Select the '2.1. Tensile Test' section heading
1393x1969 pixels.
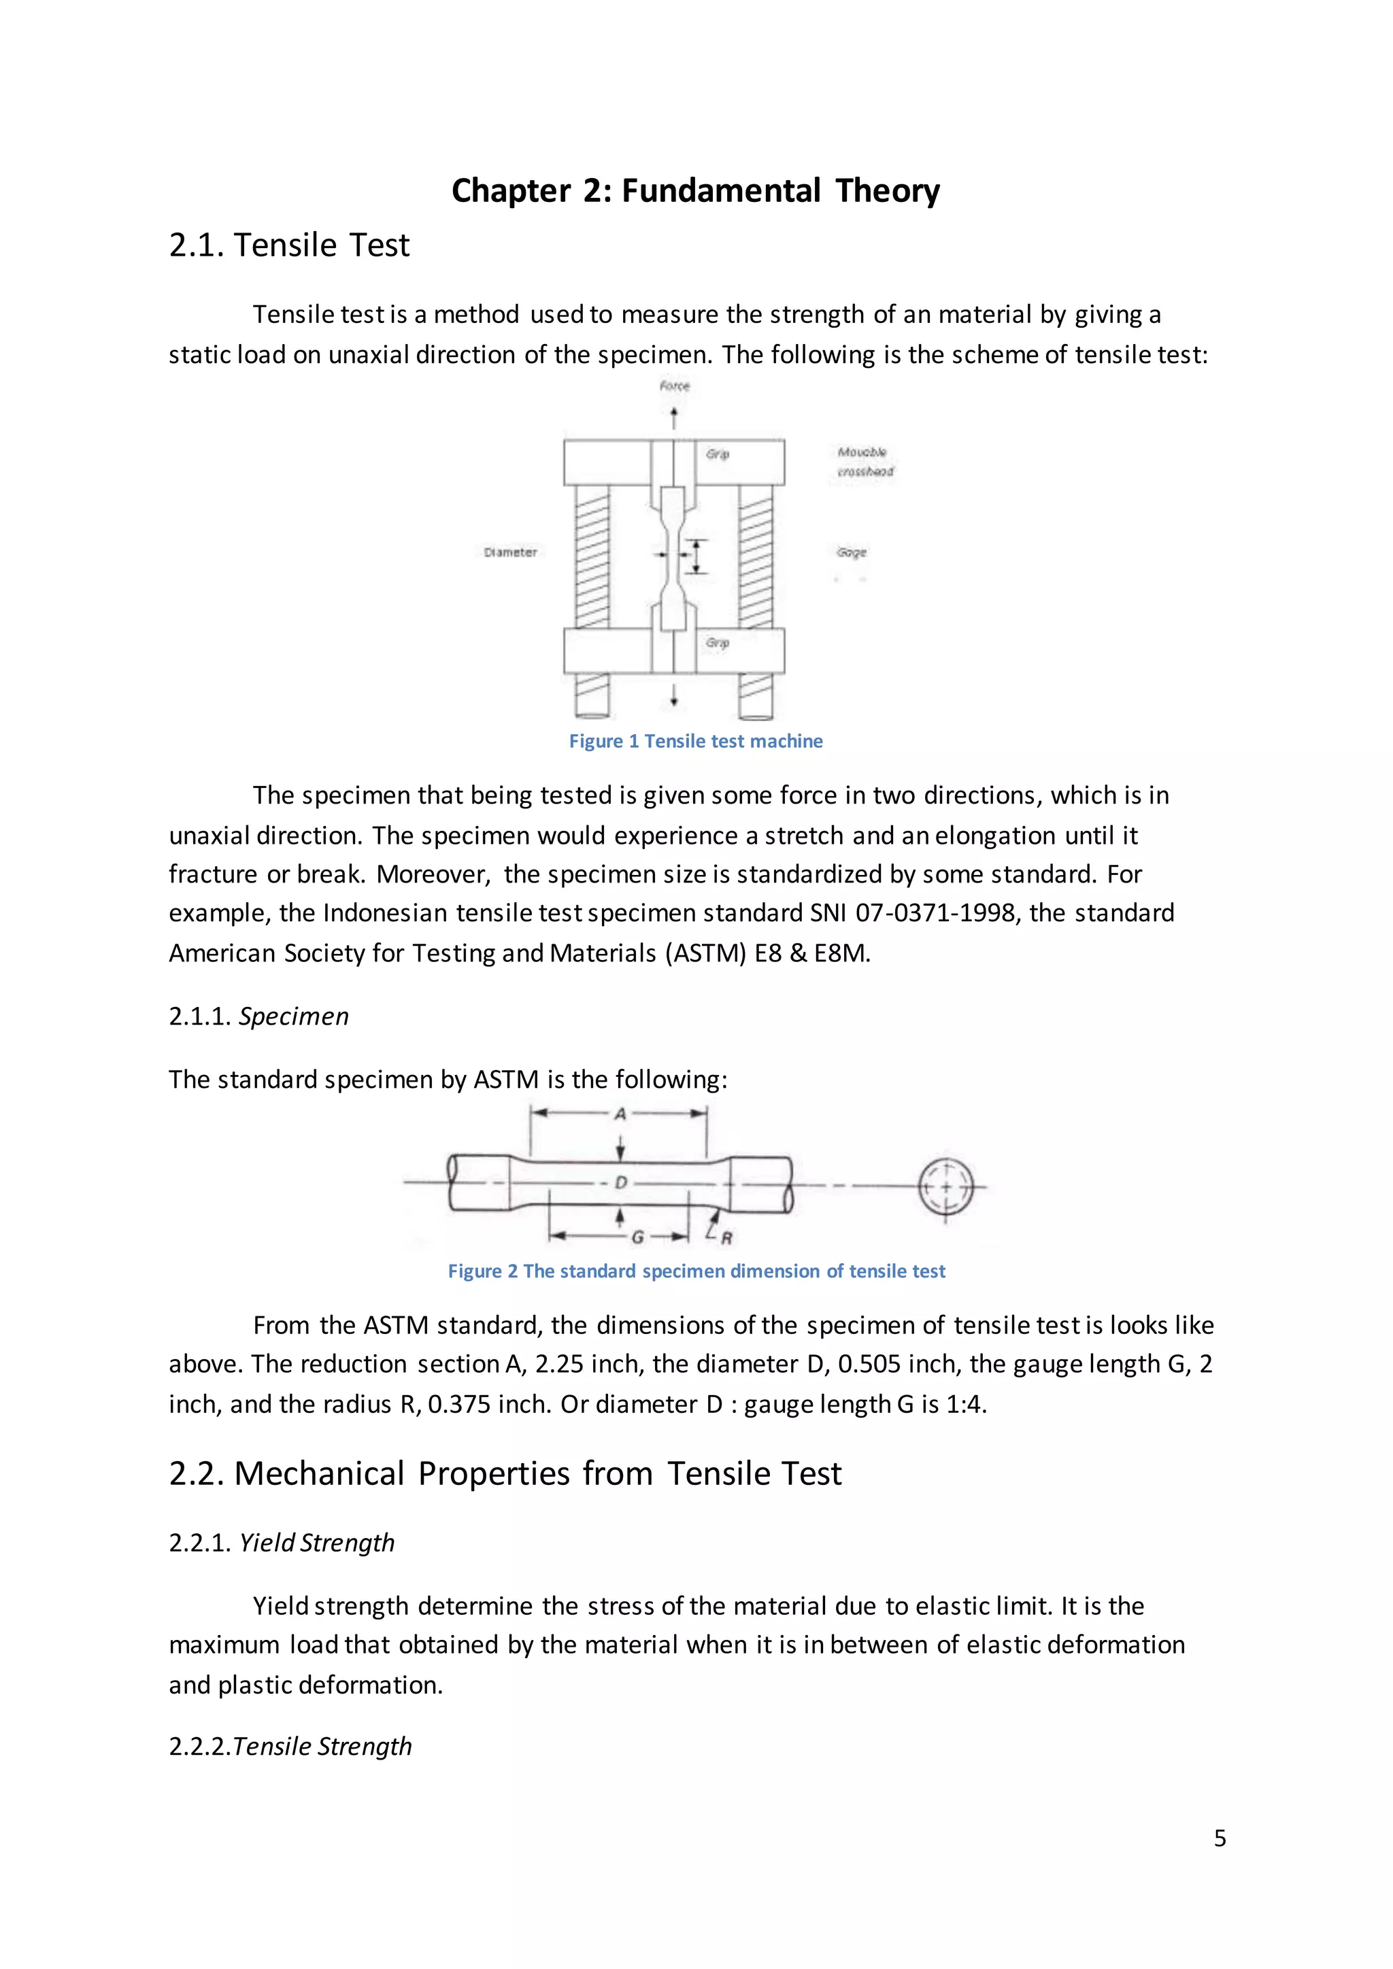[289, 245]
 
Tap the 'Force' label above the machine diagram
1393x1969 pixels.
[674, 386]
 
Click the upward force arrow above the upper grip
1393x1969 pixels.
[674, 417]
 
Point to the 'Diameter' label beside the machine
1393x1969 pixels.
[510, 552]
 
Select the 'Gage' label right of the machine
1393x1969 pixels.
[852, 552]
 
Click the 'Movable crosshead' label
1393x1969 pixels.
[865, 462]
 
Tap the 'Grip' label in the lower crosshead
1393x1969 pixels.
[717, 643]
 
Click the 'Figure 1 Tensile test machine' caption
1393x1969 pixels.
[696, 741]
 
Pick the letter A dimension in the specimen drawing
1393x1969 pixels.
[620, 1114]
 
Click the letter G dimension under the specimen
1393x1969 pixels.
[637, 1237]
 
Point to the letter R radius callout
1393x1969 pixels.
[726, 1237]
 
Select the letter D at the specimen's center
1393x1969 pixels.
[621, 1182]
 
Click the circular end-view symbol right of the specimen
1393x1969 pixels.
[946, 1187]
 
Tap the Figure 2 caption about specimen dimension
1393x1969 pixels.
[696, 1271]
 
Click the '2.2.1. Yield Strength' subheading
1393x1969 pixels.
[282, 1543]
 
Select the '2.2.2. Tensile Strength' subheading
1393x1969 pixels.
[290, 1747]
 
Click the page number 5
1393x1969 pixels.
[1220, 1838]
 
